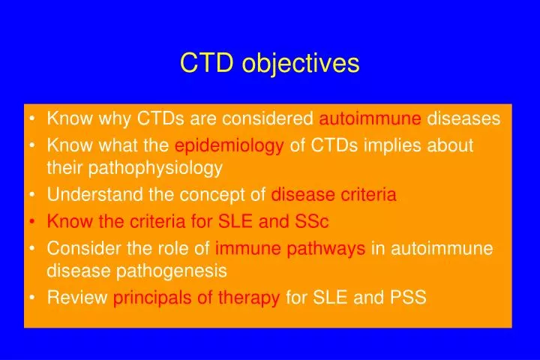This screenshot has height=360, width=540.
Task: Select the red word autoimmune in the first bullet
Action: click(x=370, y=118)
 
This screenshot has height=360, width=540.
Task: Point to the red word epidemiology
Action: click(x=229, y=145)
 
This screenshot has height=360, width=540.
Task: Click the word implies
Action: click(x=391, y=145)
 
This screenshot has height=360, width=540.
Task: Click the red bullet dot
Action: click(x=34, y=222)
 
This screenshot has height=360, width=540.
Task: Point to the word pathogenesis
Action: click(x=169, y=270)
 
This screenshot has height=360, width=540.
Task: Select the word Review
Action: click(x=77, y=298)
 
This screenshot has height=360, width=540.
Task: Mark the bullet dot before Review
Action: click(x=34, y=298)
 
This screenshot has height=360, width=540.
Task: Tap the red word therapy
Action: click(x=249, y=298)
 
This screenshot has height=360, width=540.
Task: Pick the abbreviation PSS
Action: click(x=408, y=298)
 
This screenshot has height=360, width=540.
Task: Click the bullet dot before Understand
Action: click(x=34, y=196)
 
